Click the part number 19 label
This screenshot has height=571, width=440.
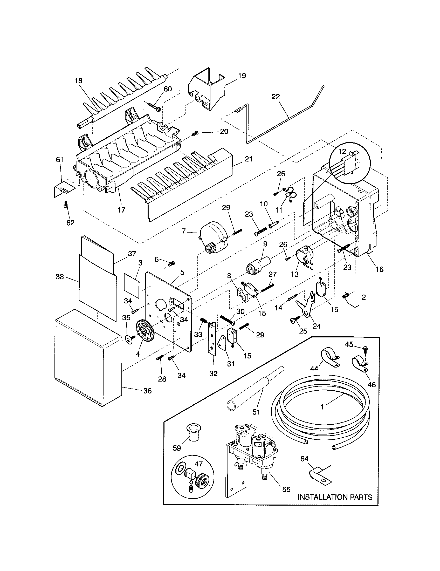pos(242,76)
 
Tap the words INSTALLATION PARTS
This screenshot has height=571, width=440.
pos(335,497)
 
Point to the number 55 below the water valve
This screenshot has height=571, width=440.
pos(286,489)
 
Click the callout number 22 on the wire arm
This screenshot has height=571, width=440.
pos(276,97)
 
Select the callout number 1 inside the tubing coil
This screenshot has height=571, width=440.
pos(322,407)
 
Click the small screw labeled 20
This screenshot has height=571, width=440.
pos(195,134)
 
